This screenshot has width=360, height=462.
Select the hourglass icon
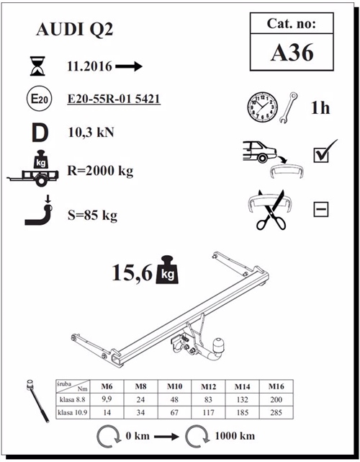(36, 67)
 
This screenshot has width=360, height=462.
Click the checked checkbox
(321, 154)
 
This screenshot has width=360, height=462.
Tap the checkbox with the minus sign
(321, 210)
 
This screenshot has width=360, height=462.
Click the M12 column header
(209, 386)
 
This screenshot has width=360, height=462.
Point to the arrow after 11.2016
(129, 66)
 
